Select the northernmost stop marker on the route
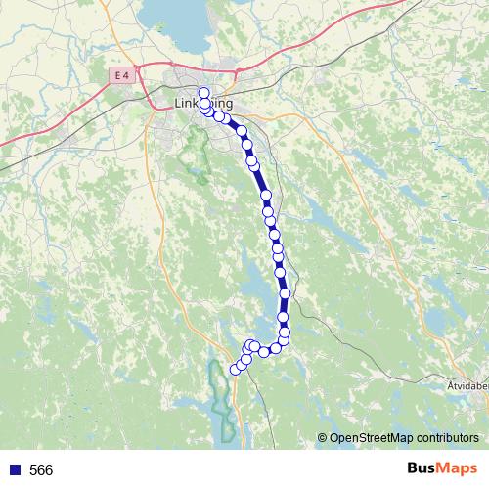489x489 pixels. [204, 94]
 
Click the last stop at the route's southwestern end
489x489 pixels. [234, 369]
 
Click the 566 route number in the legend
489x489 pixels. [41, 470]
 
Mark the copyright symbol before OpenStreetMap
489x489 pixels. [324, 439]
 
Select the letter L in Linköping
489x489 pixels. [177, 103]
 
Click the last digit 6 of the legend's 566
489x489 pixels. [48, 470]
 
